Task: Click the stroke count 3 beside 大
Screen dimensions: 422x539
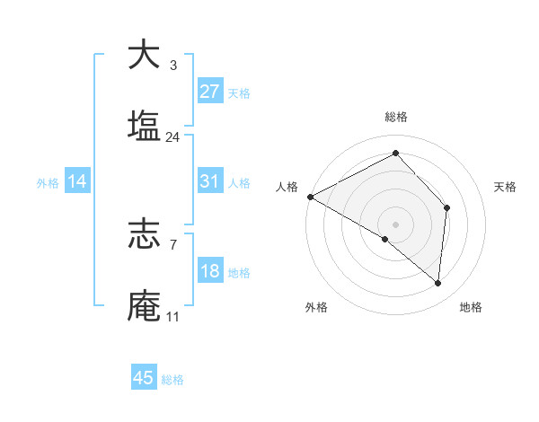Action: click(172, 66)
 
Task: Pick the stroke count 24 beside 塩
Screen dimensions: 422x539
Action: click(172, 137)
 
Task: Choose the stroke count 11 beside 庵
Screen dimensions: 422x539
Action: click(172, 317)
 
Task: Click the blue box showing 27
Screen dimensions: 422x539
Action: click(210, 92)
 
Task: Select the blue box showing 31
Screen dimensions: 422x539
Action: click(210, 181)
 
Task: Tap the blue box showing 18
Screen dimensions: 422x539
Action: click(210, 271)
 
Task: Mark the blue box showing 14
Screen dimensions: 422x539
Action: click(77, 181)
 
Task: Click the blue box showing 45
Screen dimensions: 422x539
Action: click(144, 378)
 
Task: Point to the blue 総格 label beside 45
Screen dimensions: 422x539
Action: click(172, 380)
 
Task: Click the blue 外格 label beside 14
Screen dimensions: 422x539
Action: click(48, 183)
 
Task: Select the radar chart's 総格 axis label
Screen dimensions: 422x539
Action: click(395, 118)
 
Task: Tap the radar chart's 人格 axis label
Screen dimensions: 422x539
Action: click(287, 187)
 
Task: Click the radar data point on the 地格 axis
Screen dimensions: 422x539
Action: click(437, 284)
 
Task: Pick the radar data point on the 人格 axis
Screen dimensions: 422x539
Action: click(310, 196)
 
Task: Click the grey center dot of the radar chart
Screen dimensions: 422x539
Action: click(395, 224)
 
